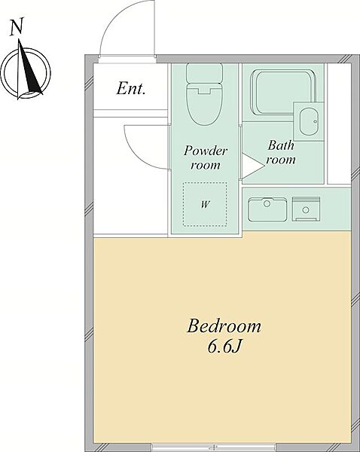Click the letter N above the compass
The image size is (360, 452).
[x=17, y=27]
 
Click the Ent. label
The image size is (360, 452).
[x=130, y=88]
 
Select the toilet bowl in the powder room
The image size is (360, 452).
[x=204, y=104]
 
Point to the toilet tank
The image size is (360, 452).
[x=204, y=72]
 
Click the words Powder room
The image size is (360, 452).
[x=206, y=157]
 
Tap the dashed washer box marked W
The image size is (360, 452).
[x=205, y=204]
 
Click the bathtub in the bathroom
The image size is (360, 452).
[x=283, y=92]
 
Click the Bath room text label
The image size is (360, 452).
[x=281, y=152]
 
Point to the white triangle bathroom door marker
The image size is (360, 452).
[x=252, y=166]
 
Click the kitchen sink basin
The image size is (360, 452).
[x=267, y=209]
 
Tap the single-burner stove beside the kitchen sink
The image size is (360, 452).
[x=306, y=209]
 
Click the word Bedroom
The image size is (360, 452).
[x=224, y=326]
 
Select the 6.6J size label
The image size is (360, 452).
[x=224, y=347]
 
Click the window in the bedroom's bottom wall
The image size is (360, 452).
[x=213, y=447]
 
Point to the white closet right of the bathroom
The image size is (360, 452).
[x=339, y=124]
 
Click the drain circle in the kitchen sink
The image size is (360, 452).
[x=267, y=204]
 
